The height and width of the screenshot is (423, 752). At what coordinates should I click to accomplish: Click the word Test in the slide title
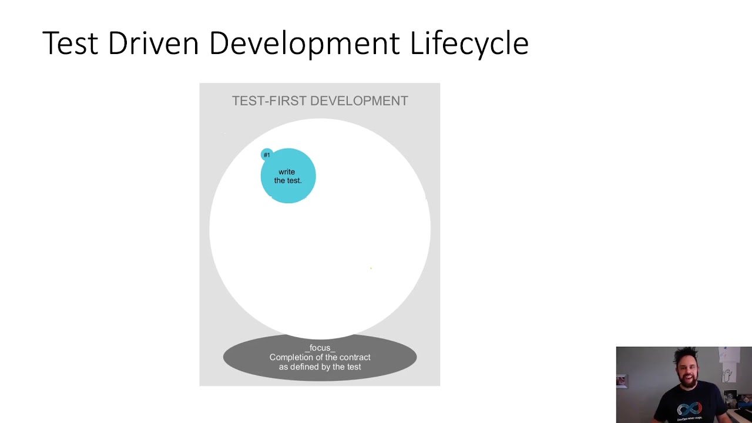tap(70, 43)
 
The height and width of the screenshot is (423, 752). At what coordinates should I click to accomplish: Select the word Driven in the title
tap(153, 43)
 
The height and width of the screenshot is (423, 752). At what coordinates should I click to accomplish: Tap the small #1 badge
tap(267, 155)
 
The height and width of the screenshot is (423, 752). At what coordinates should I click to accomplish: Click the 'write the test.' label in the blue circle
tap(287, 176)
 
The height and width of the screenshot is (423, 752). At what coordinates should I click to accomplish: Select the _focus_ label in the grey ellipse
tap(320, 348)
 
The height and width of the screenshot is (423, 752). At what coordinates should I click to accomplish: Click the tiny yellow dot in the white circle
tap(371, 268)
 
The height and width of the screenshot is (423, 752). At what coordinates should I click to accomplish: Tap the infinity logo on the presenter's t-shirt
tap(689, 409)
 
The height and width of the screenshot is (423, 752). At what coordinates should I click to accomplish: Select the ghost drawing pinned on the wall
tap(728, 374)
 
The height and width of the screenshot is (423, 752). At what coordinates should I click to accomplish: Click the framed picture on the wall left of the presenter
tap(622, 381)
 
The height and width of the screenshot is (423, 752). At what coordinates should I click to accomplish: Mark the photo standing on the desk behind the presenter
tap(731, 398)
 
